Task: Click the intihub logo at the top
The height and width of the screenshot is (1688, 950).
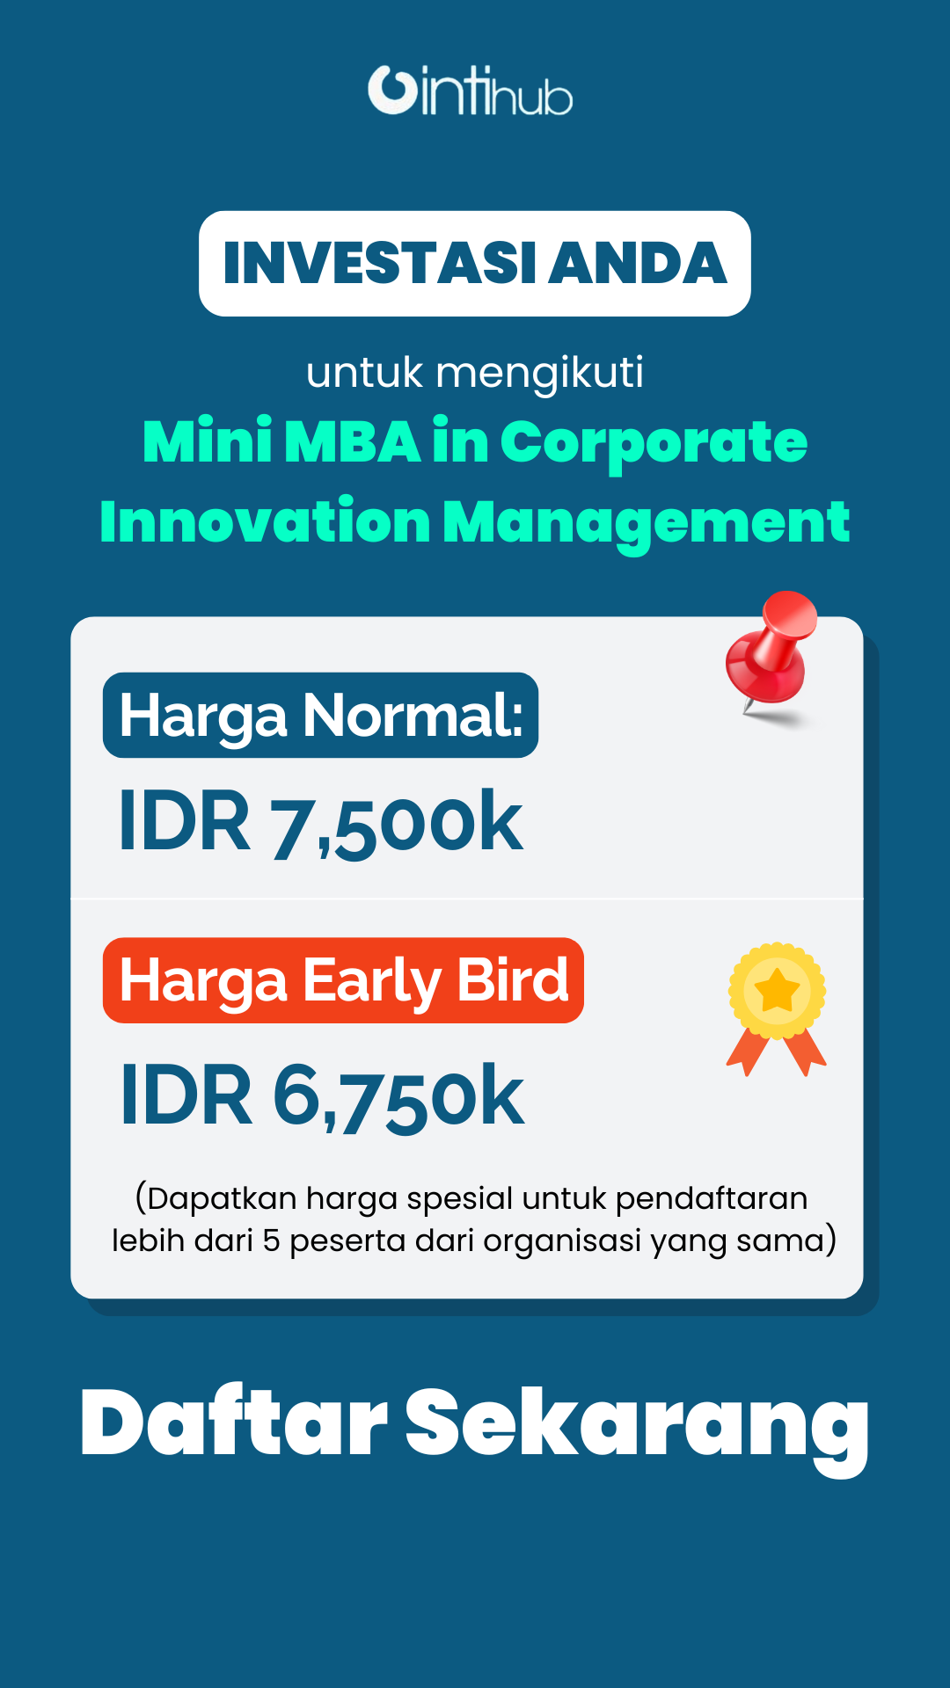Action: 471,91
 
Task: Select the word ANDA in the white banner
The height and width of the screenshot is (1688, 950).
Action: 638,263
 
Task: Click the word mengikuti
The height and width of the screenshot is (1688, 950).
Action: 540,373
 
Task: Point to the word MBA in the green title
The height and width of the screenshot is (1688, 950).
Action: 352,441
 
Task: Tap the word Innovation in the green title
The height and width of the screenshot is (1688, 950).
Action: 265,521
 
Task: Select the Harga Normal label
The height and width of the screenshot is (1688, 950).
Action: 320,715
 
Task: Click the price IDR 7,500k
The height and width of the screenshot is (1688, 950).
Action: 320,822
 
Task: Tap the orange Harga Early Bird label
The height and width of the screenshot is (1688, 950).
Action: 343,980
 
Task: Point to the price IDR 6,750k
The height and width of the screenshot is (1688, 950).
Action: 322,1096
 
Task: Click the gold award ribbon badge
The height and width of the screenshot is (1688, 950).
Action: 777,1009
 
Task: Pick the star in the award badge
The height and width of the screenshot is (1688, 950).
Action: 777,991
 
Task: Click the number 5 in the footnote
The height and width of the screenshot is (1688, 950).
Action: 271,1241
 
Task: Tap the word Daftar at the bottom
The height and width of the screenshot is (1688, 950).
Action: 234,1422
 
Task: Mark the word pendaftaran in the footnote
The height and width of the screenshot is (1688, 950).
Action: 711,1199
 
